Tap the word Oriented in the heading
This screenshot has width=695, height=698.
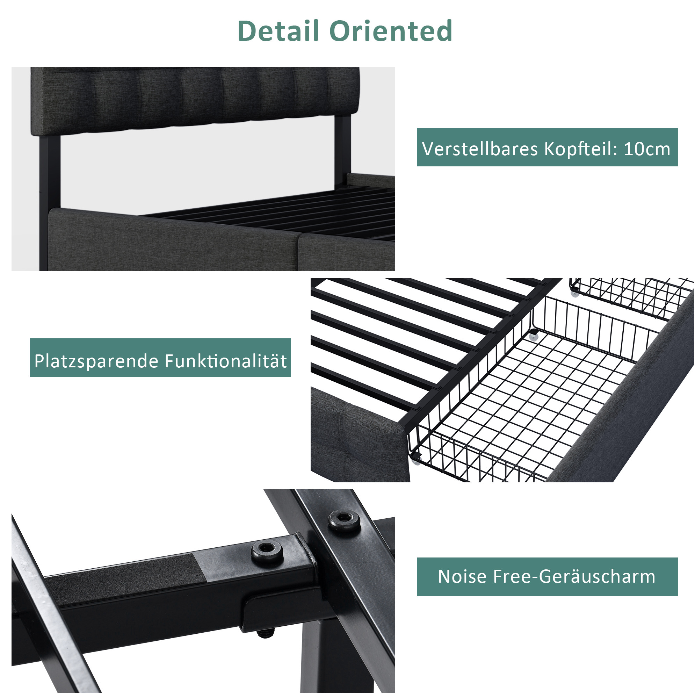[x=391, y=31]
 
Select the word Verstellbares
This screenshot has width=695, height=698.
[x=480, y=149]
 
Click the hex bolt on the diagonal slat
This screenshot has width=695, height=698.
[x=343, y=520]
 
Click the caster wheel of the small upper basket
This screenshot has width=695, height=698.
[x=574, y=294]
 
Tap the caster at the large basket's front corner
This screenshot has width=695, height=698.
[x=416, y=461]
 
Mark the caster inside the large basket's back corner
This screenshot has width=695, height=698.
[x=533, y=337]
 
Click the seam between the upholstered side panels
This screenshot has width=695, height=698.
[x=299, y=251]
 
